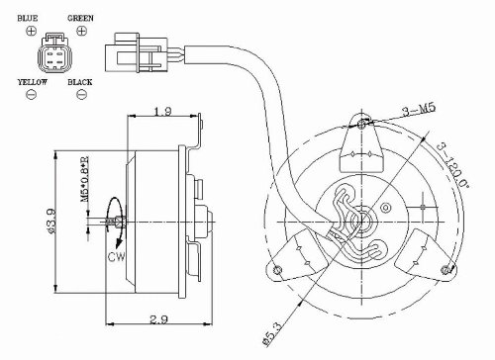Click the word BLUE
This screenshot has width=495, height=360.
point(28,18)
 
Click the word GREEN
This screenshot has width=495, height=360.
point(80,18)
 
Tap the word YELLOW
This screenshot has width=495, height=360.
point(33,82)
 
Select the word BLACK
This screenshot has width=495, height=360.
point(80,82)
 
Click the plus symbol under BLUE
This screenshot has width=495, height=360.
point(31,32)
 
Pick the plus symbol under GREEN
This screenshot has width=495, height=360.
point(81,31)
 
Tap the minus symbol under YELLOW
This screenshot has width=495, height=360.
point(31,95)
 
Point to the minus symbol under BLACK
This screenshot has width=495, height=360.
point(81,95)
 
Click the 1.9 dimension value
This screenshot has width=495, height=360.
point(163,111)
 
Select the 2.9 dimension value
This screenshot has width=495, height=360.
point(159,319)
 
